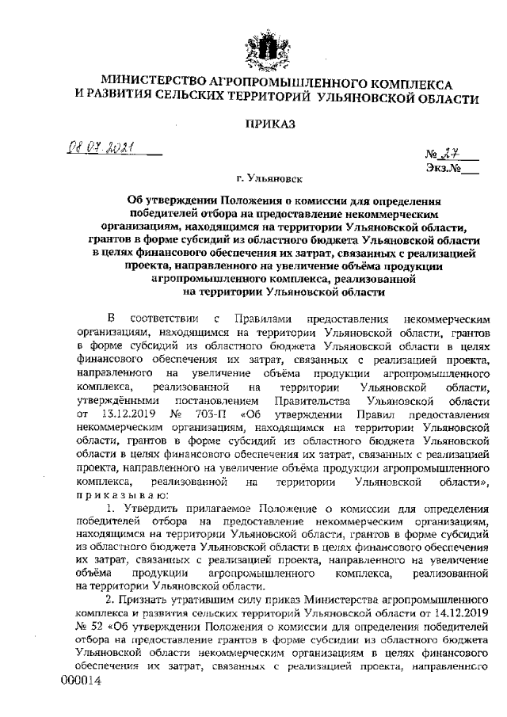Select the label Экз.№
(443, 169)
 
